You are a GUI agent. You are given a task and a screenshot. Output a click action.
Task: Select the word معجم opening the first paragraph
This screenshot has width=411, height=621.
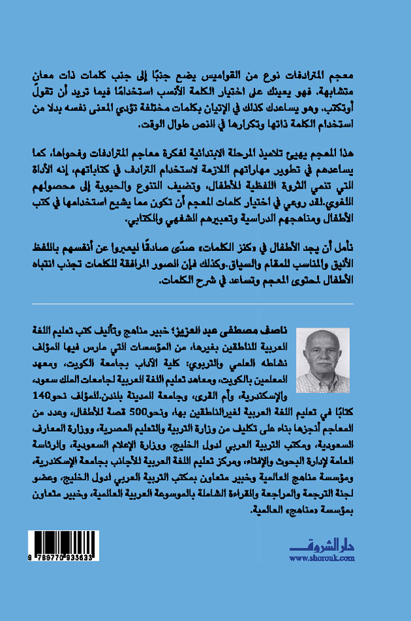369,74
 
